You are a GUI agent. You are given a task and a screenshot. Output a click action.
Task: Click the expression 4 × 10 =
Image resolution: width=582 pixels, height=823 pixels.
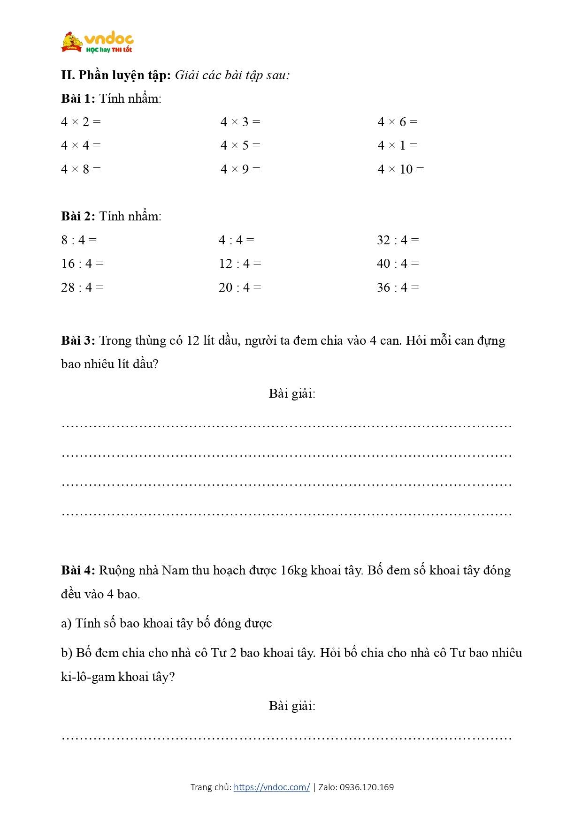[x=400, y=169]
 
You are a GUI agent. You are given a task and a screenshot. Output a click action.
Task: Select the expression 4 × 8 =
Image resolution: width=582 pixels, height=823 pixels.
[x=81, y=169]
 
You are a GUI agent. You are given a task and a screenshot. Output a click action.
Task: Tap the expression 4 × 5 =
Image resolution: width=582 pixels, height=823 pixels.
[x=240, y=145]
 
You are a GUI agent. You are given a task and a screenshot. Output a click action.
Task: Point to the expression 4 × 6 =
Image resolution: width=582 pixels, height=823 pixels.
[x=398, y=122]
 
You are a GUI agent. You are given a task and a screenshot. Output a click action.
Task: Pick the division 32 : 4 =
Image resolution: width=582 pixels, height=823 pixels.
[x=398, y=240]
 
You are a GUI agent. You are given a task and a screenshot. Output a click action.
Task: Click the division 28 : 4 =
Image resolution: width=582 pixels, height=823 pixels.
[x=82, y=287]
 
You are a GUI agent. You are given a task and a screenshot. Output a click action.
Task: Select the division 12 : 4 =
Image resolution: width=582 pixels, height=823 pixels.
[x=240, y=264]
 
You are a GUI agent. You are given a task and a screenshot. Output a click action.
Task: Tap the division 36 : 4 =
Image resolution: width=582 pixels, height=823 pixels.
[x=398, y=287]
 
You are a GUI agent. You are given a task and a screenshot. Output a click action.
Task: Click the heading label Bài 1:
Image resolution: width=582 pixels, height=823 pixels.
[x=78, y=98]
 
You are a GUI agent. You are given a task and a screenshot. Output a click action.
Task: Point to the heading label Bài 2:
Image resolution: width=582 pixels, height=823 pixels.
[x=78, y=216]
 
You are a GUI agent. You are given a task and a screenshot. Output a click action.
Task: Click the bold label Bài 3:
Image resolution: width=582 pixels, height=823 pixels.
[x=78, y=340]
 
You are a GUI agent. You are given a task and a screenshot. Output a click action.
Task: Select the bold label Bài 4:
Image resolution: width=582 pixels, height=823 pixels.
[x=78, y=570]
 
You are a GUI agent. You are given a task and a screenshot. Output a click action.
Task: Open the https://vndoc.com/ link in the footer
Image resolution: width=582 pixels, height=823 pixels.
[x=272, y=787]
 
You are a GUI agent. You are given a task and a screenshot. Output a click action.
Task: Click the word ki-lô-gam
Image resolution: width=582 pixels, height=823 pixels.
[x=88, y=677]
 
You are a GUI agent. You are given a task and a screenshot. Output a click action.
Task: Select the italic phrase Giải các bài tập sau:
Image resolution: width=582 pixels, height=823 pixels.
[x=232, y=76]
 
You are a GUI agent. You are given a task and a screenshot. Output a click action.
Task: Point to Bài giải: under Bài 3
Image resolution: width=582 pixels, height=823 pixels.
[x=292, y=393]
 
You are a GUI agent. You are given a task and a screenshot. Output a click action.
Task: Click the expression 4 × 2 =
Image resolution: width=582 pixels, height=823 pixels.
[x=81, y=122]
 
